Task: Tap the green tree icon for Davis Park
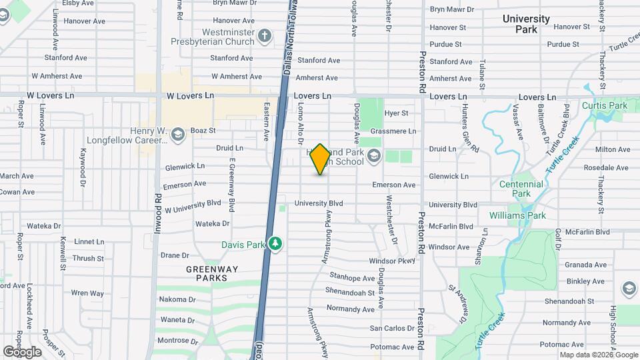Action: pos(275,245)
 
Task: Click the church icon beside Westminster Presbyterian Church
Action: pos(265,36)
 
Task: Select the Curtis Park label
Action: pos(605,105)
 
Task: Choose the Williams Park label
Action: pos(517,215)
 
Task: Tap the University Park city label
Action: pos(526,24)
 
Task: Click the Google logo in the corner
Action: pos(22,351)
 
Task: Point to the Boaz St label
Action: pos(203,131)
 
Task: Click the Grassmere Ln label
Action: pos(393,131)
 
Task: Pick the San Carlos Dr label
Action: pos(393,329)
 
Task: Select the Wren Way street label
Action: pos(87,293)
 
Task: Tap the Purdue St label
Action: pos(446,45)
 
